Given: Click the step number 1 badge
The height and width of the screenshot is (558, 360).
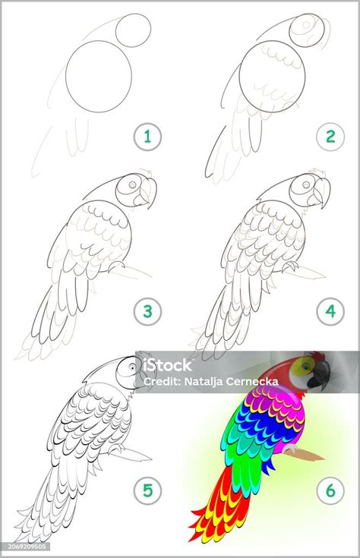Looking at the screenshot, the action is (147, 137).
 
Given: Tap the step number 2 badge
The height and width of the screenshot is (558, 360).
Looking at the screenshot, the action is (330, 137).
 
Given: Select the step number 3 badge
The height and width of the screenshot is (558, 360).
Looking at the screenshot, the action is (147, 312).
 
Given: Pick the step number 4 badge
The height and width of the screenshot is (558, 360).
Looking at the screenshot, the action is (330, 312).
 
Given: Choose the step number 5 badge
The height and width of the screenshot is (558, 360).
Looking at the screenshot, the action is (147, 490).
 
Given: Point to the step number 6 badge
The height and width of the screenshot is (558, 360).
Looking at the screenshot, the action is (330, 490).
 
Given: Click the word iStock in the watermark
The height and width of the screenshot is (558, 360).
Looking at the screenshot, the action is (167, 364).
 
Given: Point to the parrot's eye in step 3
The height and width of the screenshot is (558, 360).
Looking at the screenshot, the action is (132, 185).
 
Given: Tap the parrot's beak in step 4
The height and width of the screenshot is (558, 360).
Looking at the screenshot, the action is (321, 193).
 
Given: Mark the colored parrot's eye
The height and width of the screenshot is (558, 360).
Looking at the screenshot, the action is (305, 365).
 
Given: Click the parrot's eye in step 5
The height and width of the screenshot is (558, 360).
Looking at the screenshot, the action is (132, 367).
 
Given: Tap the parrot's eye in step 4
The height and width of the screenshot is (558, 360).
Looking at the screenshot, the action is (306, 185).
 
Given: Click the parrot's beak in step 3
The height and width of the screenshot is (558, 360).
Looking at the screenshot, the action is (148, 193).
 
